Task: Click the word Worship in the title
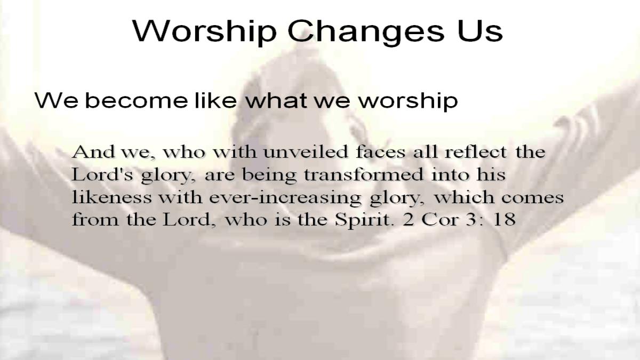(x=205, y=31)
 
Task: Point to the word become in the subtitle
(x=137, y=100)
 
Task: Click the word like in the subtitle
(x=216, y=100)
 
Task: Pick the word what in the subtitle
(x=276, y=100)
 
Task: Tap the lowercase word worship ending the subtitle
(x=408, y=101)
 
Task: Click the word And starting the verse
(x=93, y=151)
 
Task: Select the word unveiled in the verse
(x=306, y=151)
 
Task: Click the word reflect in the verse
(x=476, y=151)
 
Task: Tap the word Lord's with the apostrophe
(x=102, y=174)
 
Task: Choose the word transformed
(x=364, y=174)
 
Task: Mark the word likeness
(x=111, y=197)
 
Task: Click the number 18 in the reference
(x=505, y=219)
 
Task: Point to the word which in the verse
(x=464, y=197)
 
